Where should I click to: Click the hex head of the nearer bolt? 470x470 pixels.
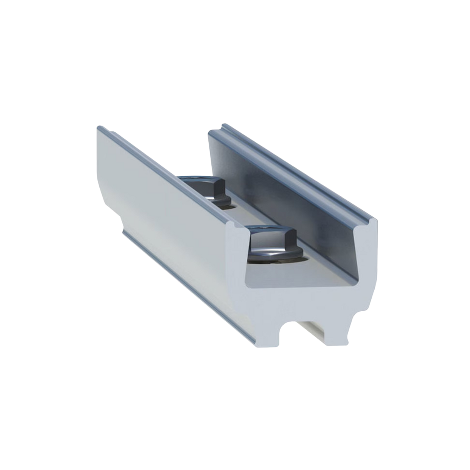pyautogui.click(x=273, y=238)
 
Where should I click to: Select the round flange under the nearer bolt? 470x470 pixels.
pyautogui.click(x=275, y=255)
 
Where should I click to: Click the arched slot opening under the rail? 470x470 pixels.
pyautogui.click(x=288, y=331)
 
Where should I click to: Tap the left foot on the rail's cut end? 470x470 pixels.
pyautogui.click(x=266, y=339)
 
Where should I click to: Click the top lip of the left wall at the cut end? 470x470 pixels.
pyautogui.click(x=238, y=226)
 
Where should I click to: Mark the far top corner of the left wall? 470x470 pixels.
pyautogui.click(x=100, y=128)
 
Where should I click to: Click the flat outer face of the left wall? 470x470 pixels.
pyautogui.click(x=165, y=209)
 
